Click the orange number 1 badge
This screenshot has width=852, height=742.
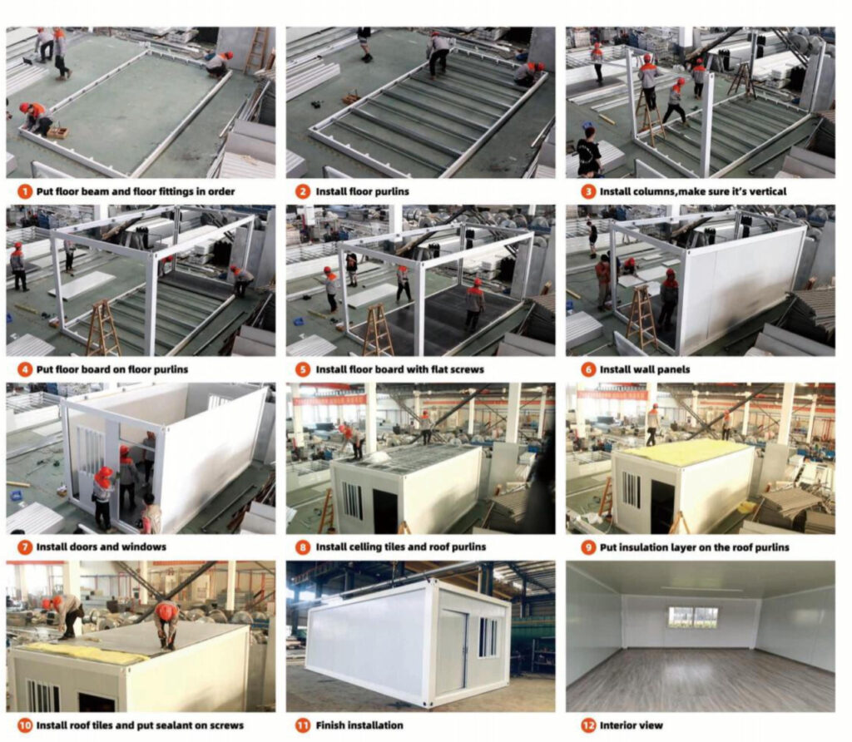pyautogui.click(x=25, y=192)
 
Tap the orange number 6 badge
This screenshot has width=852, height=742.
pyautogui.click(x=588, y=370)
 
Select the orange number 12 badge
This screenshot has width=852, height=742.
pyautogui.click(x=588, y=725)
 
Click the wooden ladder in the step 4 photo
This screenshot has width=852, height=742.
pyautogui.click(x=102, y=328)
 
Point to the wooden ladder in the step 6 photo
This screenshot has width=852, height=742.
pyautogui.click(x=641, y=319)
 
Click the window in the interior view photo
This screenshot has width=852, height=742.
pyautogui.click(x=693, y=616)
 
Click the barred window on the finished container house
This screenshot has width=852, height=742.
pyautogui.click(x=488, y=636)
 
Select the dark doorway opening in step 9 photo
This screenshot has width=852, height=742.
pyautogui.click(x=662, y=507)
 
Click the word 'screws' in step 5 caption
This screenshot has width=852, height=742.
pyautogui.click(x=463, y=370)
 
